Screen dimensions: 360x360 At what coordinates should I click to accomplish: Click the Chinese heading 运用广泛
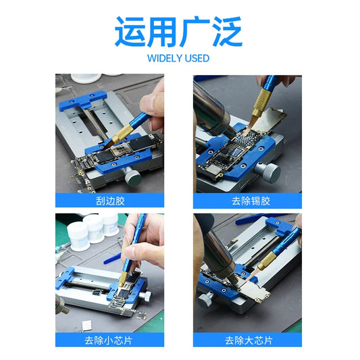pos(178,32)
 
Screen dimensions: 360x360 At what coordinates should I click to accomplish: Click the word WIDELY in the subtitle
pos(165,58)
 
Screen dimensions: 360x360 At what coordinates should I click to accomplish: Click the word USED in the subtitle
pos(197,58)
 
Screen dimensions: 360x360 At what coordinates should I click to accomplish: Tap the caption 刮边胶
pos(110,201)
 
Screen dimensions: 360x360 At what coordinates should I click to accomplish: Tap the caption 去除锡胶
pos(251,201)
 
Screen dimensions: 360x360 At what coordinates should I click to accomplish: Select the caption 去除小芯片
pos(108,340)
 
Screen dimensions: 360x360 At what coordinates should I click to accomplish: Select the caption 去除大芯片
pos(249,340)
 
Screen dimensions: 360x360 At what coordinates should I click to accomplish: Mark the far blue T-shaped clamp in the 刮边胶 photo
pos(82,101)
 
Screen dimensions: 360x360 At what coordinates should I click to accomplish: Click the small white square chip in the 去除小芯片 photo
pos(87,325)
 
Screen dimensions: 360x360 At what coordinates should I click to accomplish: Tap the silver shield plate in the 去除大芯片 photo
pos(254,290)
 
